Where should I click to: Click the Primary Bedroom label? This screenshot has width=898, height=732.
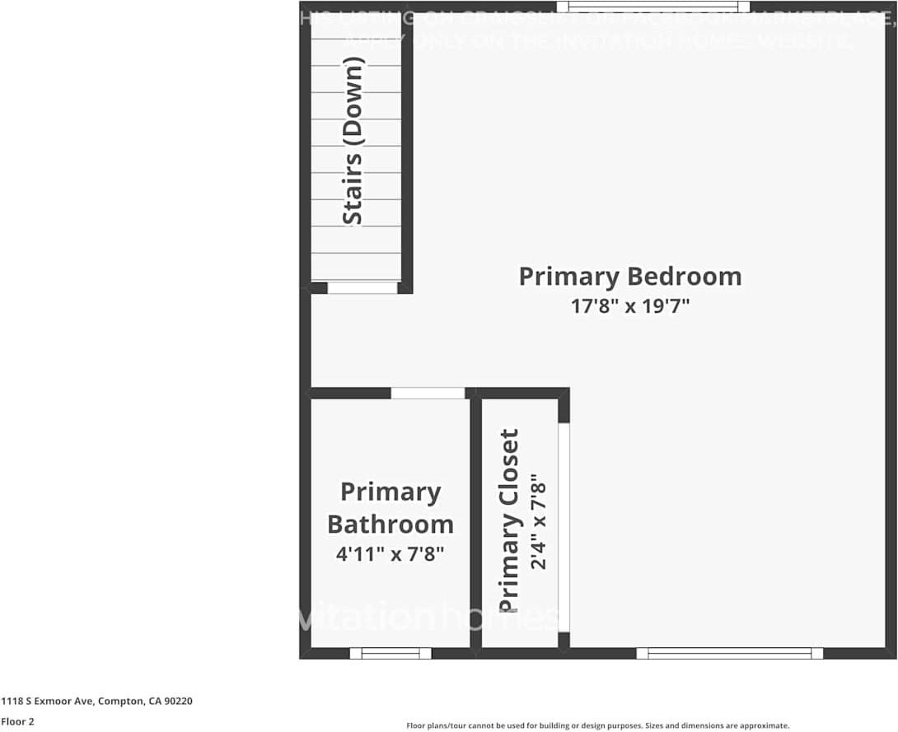tap(629, 276)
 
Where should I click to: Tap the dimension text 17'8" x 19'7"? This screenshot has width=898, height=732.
tap(629, 306)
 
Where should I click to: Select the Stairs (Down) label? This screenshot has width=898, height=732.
tap(353, 140)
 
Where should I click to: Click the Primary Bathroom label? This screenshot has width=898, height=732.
tap(391, 508)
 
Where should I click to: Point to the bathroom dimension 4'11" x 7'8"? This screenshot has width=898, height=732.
tap(391, 554)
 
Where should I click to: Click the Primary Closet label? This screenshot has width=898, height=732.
tap(510, 520)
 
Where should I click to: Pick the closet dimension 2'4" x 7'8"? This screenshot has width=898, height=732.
tap(539, 520)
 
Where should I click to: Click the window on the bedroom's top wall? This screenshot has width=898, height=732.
tap(652, 7)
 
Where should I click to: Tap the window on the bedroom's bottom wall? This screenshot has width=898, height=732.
tap(729, 653)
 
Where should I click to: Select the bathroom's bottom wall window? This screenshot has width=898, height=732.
tap(391, 653)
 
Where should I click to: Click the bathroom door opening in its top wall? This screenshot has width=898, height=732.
tap(428, 393)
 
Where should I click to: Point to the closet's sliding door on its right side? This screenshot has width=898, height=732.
tap(564, 527)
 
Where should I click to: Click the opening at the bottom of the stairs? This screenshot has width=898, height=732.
tap(362, 288)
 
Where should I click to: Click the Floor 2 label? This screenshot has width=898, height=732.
tap(17, 722)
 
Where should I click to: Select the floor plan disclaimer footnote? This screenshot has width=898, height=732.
tap(597, 725)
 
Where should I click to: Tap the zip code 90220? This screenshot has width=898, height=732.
tap(179, 702)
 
